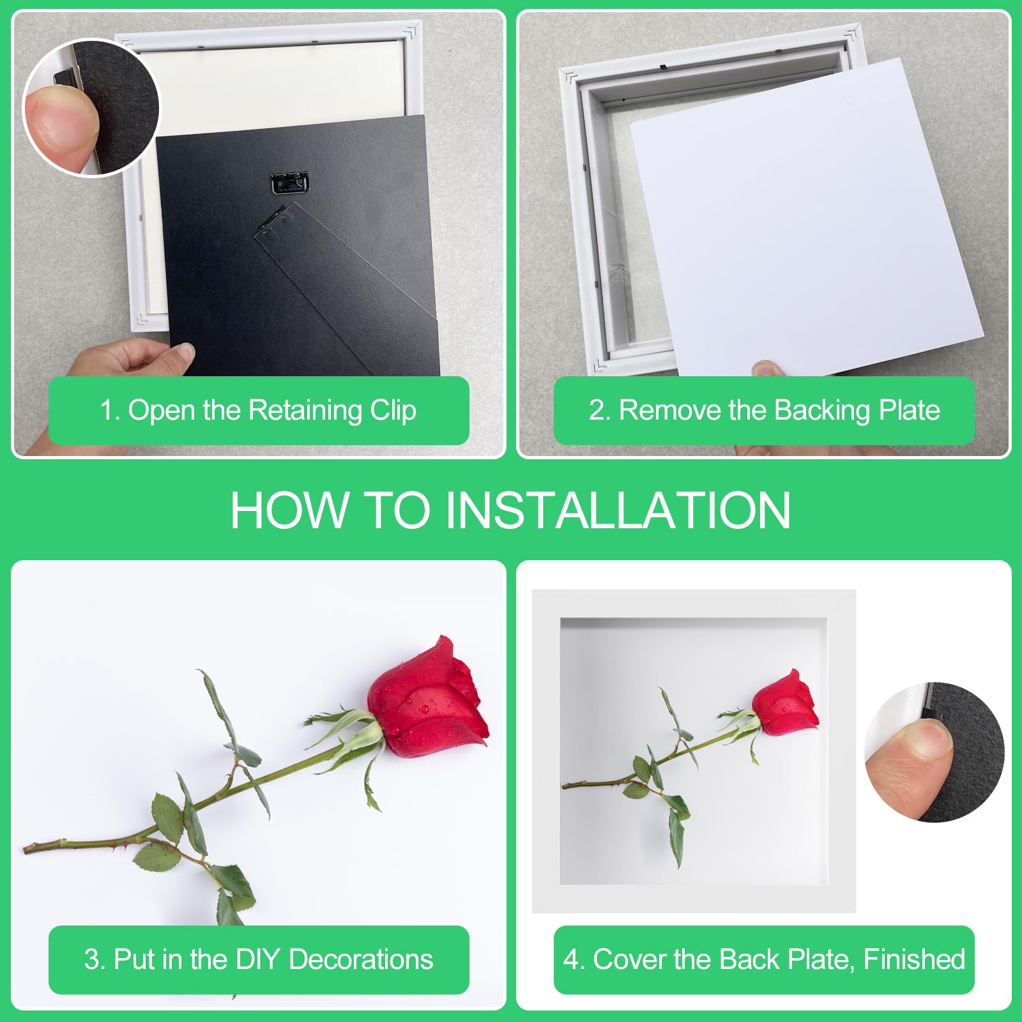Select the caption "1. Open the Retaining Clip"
(x=258, y=410)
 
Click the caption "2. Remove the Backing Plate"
(x=764, y=410)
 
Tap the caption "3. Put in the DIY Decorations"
(x=258, y=959)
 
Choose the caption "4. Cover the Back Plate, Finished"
(x=764, y=959)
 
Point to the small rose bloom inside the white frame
(x=785, y=703)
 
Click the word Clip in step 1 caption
(x=393, y=410)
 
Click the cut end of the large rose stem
(x=26, y=849)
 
